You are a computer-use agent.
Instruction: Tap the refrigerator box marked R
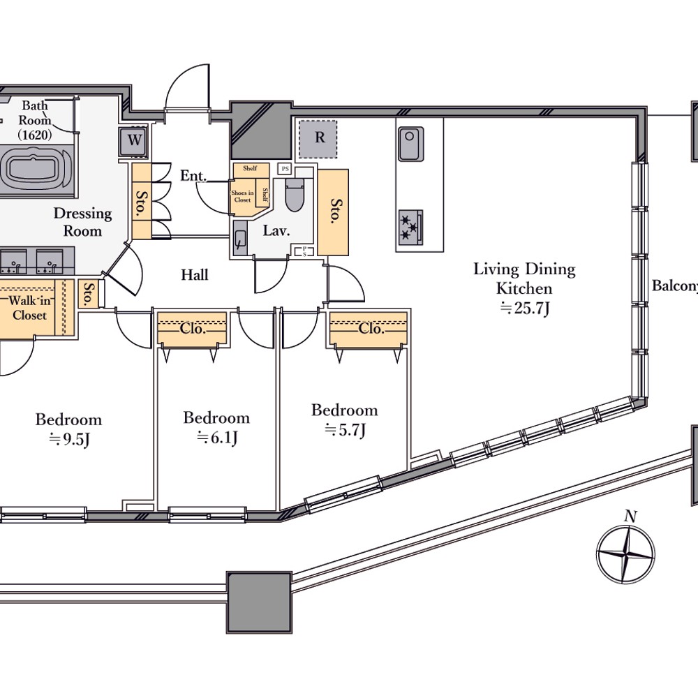318,138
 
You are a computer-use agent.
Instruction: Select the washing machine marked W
133,142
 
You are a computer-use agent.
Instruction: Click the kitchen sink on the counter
411,144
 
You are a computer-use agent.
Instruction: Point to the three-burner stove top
410,227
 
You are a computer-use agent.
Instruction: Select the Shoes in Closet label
242,196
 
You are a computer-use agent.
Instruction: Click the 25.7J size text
525,308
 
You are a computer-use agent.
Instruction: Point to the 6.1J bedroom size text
217,438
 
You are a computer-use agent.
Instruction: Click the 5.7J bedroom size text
345,431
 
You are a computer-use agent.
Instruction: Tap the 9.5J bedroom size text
69,440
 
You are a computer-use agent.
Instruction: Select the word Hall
195,274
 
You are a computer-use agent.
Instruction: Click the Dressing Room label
83,222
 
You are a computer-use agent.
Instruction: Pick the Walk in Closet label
29,308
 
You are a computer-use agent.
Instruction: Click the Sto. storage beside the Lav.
333,212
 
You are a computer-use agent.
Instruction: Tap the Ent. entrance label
193,176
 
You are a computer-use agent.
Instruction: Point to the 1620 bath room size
35,135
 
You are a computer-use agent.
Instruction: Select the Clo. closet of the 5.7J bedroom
369,329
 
